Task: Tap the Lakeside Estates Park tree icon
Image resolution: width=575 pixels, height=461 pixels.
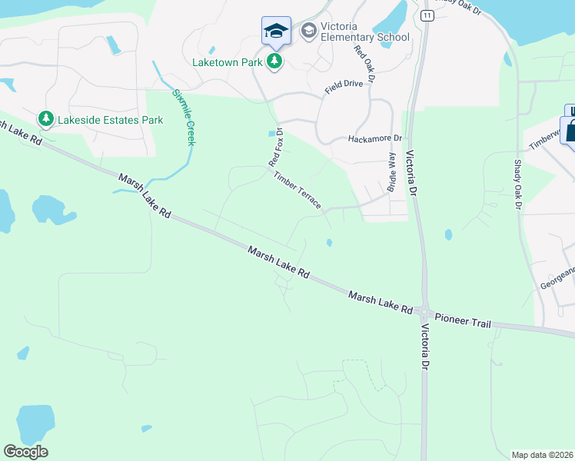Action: point(46,119)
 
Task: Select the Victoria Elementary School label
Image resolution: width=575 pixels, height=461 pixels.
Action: point(365,32)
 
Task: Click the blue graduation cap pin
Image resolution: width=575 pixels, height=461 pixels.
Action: point(276,32)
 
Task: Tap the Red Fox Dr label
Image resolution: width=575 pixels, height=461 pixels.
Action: point(275,147)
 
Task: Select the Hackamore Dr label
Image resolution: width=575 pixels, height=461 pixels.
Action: point(375,138)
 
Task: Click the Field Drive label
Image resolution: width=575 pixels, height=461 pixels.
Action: point(343,85)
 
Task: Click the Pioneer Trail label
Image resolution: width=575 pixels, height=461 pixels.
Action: point(462,320)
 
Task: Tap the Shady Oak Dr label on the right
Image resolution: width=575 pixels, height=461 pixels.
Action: point(517,185)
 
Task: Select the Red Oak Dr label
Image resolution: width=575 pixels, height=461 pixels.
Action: point(364,64)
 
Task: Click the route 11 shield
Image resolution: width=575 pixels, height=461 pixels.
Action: point(427,15)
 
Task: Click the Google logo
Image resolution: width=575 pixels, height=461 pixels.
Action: point(26,452)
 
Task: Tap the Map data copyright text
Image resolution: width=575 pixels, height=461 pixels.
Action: point(543,454)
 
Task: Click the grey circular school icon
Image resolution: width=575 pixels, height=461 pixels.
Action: point(309,30)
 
